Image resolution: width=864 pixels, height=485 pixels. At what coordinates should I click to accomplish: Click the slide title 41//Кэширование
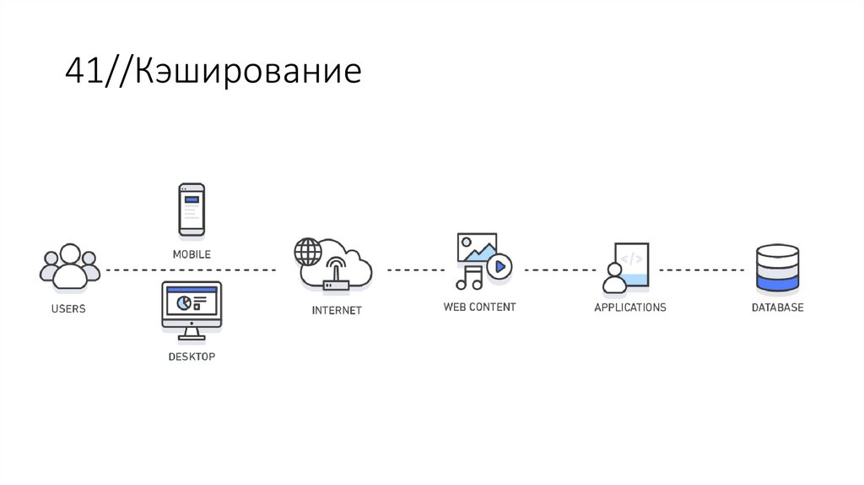213,73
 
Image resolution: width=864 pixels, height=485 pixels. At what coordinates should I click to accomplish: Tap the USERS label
68,309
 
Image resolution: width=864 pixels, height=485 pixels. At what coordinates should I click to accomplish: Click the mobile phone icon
192,209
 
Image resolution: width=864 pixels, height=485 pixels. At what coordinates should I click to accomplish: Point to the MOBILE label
192,253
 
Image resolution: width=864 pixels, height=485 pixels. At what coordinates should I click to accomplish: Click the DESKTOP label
192,357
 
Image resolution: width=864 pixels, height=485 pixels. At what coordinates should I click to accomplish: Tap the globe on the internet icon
308,252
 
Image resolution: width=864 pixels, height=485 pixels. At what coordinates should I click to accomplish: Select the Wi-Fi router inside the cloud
336,270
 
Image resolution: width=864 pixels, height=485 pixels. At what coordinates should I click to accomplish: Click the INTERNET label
337,310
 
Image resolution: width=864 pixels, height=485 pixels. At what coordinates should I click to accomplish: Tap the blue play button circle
499,266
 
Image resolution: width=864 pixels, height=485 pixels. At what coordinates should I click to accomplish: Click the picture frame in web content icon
477,247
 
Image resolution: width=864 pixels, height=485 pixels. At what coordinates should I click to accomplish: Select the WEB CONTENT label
479,307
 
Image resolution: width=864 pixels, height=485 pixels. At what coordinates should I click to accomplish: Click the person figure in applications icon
613,275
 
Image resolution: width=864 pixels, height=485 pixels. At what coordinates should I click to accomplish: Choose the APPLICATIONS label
629,308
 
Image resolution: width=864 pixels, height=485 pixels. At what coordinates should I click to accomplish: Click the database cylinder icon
777,267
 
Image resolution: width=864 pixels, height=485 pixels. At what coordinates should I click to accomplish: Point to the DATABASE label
777,308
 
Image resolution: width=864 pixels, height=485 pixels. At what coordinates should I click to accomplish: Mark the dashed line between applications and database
701,270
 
